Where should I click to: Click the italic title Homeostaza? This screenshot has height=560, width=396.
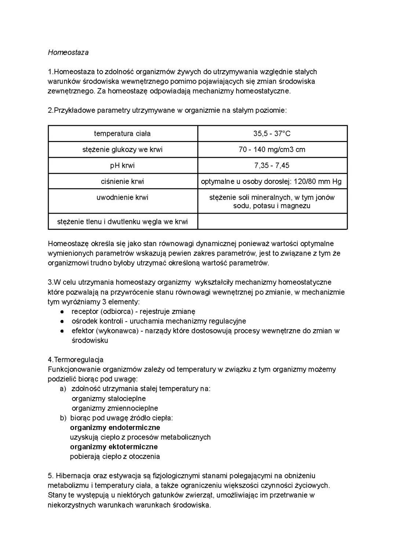tap(68, 53)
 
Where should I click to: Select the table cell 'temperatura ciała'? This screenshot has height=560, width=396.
tap(122, 134)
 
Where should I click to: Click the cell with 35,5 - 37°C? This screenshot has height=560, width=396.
tap(272, 134)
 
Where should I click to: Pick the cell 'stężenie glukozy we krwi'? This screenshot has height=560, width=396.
tap(122, 149)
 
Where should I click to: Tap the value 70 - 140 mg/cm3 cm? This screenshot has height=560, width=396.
tap(272, 149)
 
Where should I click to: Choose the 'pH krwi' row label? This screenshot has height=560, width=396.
tap(122, 166)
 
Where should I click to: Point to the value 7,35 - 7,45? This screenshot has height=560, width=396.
tap(272, 166)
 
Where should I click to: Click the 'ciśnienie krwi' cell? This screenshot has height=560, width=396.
tap(122, 181)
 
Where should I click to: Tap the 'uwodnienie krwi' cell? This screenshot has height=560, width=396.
tap(122, 198)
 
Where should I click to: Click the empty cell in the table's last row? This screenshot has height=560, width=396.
tap(272, 221)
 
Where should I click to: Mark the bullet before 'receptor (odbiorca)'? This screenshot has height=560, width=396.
tap(63, 312)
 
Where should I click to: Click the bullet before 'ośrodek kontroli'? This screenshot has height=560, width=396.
tap(63, 321)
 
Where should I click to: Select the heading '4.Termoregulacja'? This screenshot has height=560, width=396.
tap(76, 360)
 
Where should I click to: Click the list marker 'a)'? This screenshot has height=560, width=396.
tap(63, 389)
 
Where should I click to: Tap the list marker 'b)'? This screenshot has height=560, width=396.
tap(63, 418)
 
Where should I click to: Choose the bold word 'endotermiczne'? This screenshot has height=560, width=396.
tap(134, 427)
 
